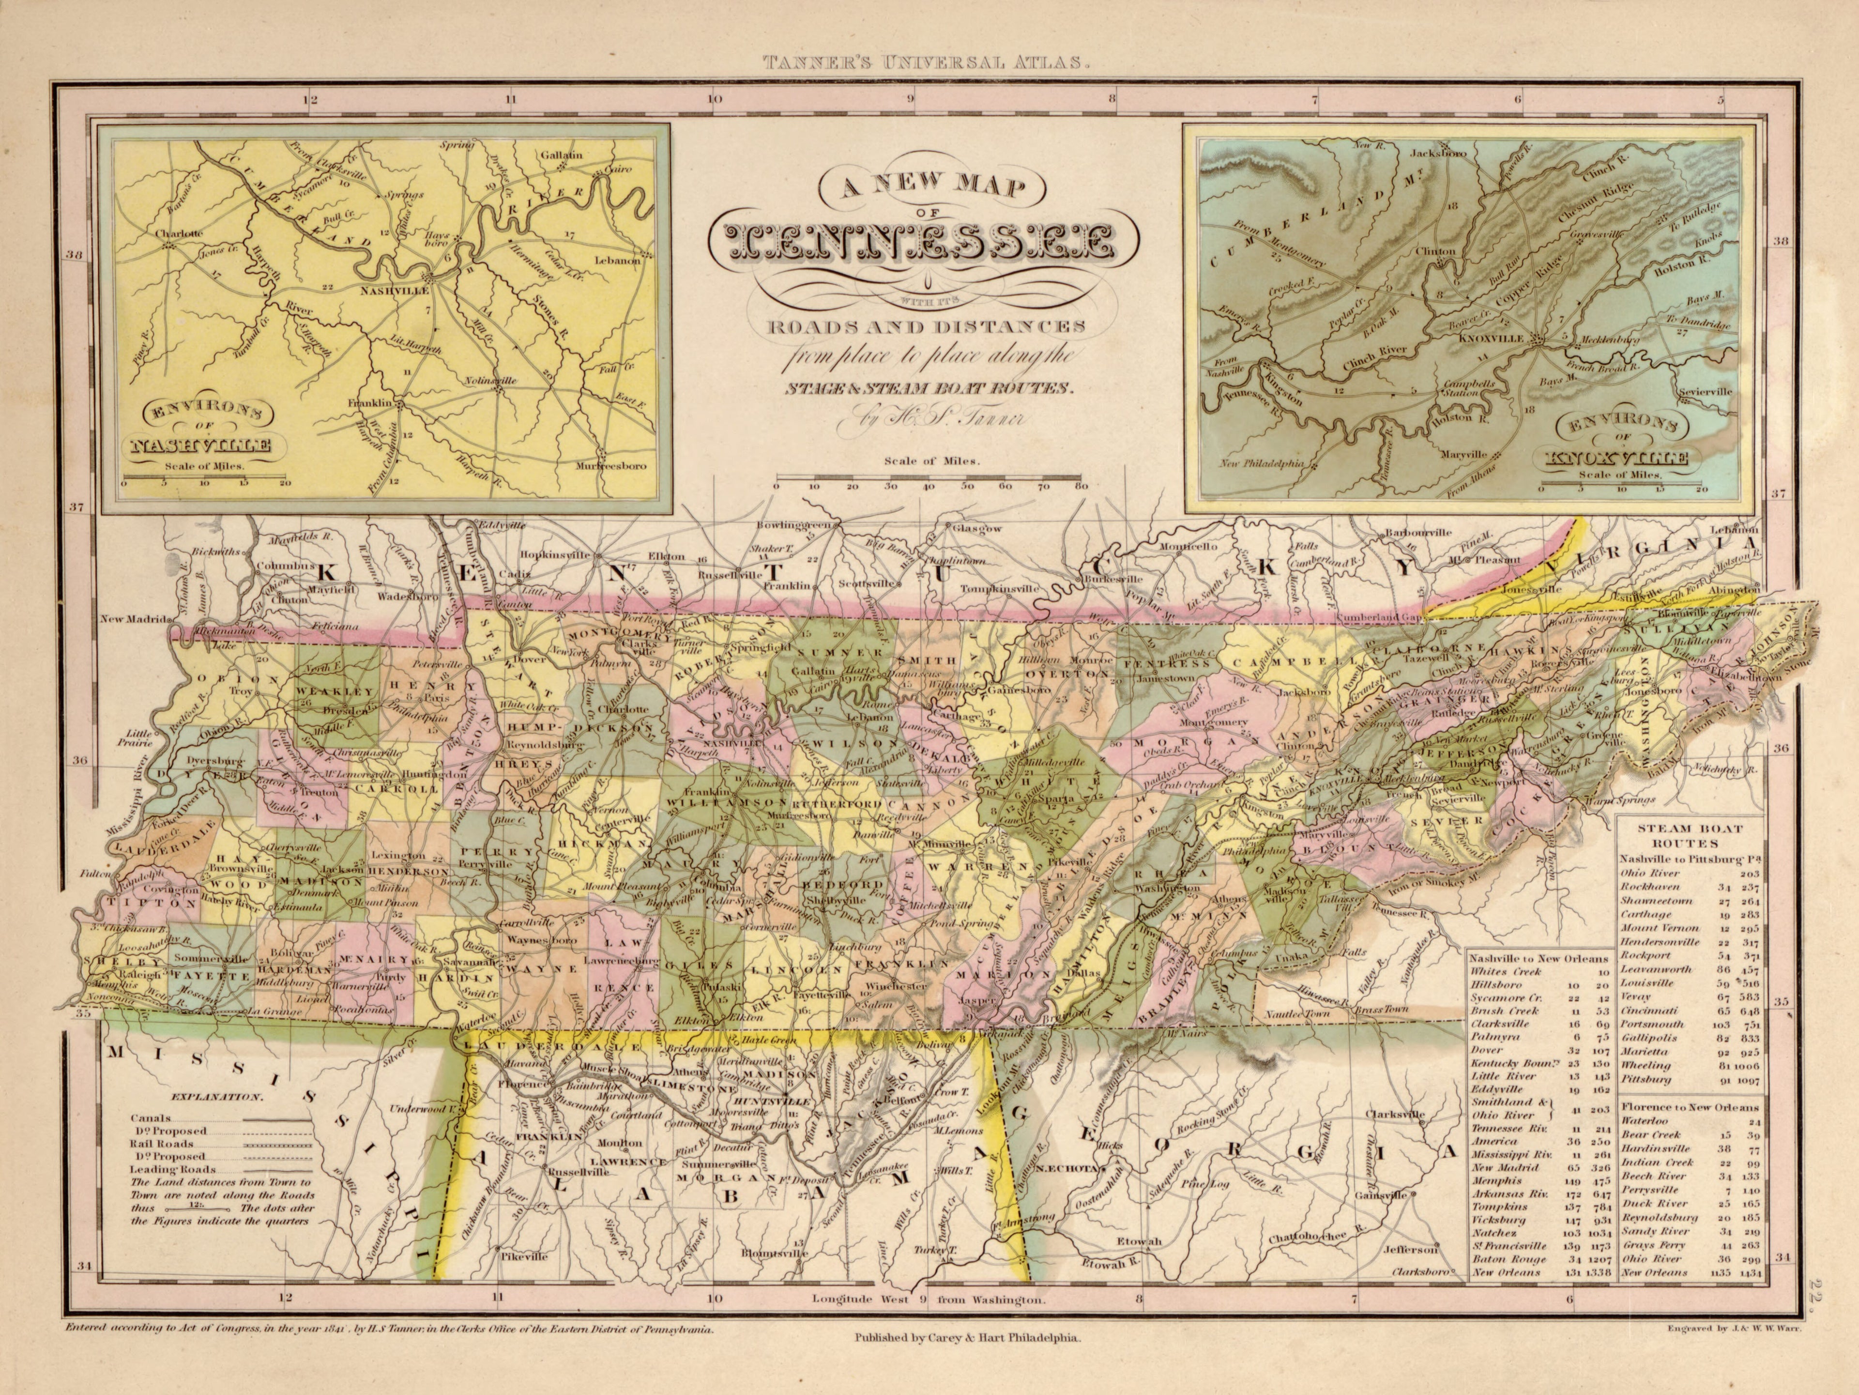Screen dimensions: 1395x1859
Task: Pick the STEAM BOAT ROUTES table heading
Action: point(1689,835)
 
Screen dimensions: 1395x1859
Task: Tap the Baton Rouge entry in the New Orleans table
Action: point(1509,1259)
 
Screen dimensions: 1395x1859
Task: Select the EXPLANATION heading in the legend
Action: point(218,1098)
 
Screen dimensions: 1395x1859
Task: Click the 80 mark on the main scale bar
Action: point(1080,486)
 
